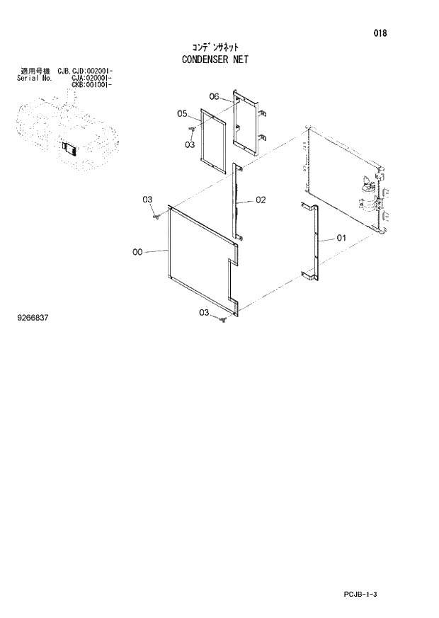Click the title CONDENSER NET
tap(215, 60)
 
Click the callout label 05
tap(182, 114)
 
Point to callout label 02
tap(260, 200)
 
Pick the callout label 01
tap(341, 239)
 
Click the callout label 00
tap(137, 251)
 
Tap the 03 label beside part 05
tap(189, 144)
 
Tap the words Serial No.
tap(32, 79)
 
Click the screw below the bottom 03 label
tap(222, 321)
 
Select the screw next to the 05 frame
tap(192, 129)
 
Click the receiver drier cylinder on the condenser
tap(367, 194)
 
